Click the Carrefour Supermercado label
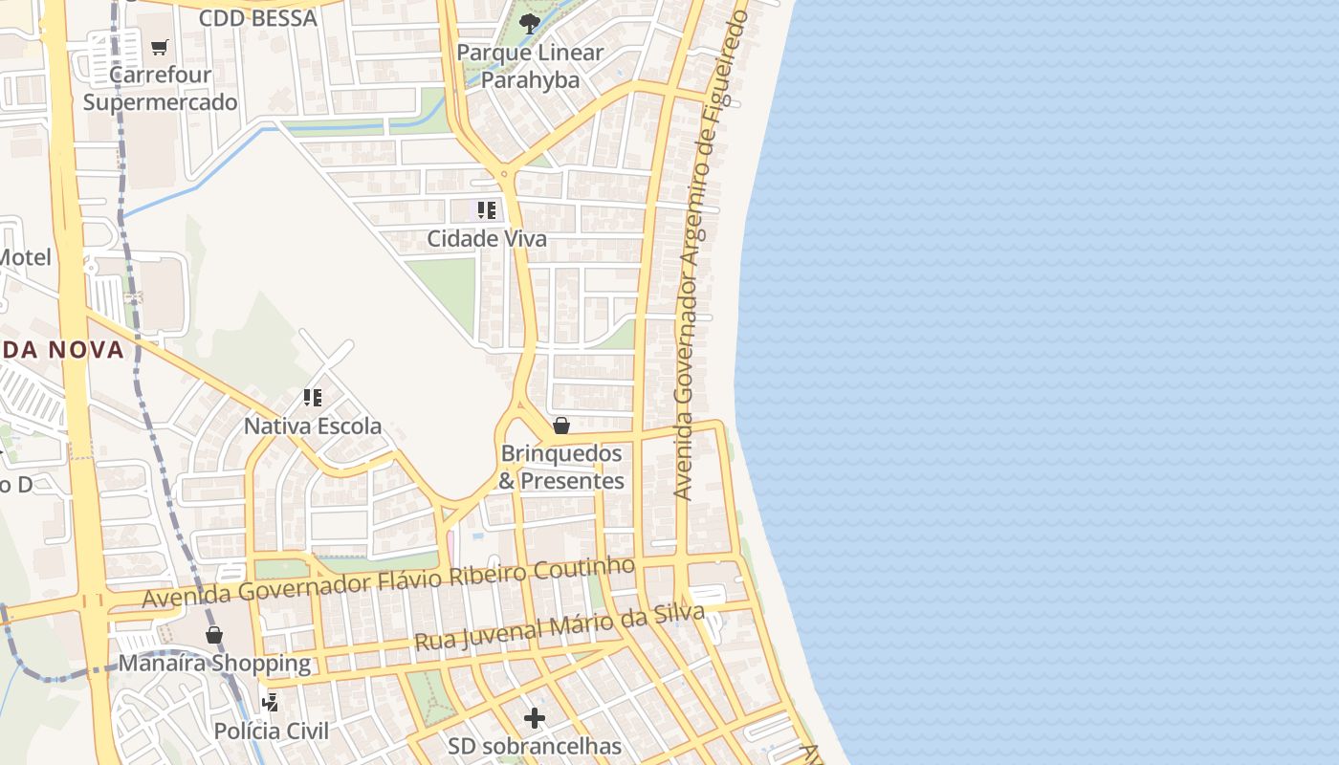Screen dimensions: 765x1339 [160, 88]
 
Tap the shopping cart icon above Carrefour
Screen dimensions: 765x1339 [160, 47]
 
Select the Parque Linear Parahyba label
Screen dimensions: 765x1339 [530, 66]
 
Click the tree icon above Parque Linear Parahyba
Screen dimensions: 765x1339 [529, 24]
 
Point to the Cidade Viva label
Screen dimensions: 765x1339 [487, 238]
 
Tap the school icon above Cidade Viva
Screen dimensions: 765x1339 [487, 210]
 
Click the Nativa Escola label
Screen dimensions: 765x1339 [313, 426]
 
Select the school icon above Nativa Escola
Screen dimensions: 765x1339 [313, 397]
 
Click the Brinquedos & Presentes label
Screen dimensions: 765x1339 [561, 467]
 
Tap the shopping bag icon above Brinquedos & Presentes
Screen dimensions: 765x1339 [561, 426]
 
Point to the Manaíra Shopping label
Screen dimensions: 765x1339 [214, 663]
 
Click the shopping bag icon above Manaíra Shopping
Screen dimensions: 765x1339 [214, 635]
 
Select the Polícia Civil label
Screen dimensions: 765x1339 [271, 731]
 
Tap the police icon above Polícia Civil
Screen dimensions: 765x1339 [271, 703]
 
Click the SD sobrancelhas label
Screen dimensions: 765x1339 [535, 745]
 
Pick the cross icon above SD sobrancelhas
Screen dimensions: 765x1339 [535, 717]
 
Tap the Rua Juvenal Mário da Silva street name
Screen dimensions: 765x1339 [560, 627]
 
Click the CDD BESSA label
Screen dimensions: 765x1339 [257, 17]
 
